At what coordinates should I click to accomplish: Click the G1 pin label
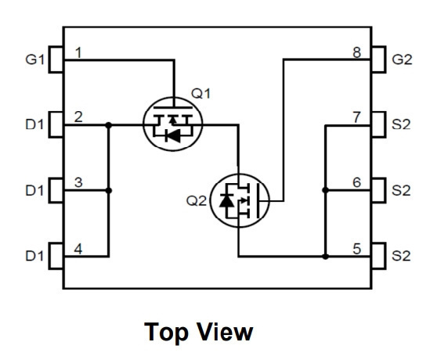coord(35,59)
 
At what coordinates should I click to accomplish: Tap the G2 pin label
coord(402,59)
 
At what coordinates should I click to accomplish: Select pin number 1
coord(78,52)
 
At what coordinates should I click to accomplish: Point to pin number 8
coord(357,52)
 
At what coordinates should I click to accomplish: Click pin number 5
coord(357,249)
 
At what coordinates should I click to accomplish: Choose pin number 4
coord(78,249)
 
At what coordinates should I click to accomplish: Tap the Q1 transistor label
coord(201,93)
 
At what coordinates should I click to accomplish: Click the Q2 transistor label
coord(197,200)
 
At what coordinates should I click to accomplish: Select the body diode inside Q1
coord(173,135)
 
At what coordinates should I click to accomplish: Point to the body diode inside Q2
coord(227,200)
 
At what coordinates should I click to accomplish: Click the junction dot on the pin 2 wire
coord(109,125)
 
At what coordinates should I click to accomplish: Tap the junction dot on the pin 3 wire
coord(109,190)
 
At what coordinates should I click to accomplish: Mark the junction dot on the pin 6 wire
coord(325,190)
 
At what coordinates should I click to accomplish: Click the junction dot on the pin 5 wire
coord(325,257)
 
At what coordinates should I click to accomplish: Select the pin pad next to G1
coord(56,59)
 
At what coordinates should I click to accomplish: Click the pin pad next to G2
coord(378,59)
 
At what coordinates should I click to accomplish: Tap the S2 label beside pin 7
coord(401,124)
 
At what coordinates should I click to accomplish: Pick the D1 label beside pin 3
coord(35,190)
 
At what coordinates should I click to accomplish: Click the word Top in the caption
coord(166,332)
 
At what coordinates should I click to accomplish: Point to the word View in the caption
coord(225,331)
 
